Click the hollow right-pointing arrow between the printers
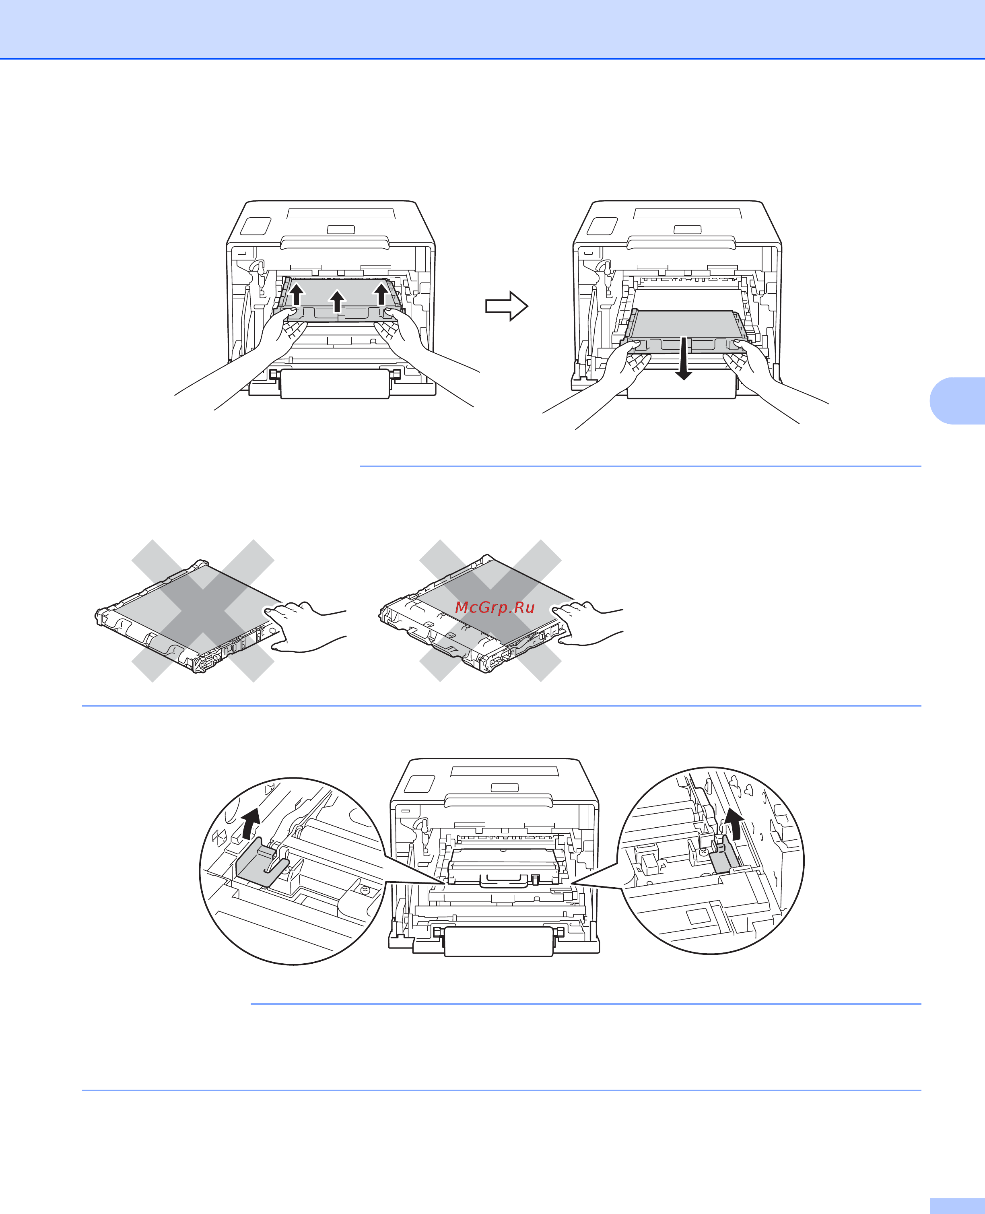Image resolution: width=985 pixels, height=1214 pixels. tap(507, 306)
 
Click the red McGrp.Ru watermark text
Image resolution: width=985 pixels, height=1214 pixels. tap(495, 608)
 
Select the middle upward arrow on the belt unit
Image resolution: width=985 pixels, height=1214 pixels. tap(338, 301)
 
